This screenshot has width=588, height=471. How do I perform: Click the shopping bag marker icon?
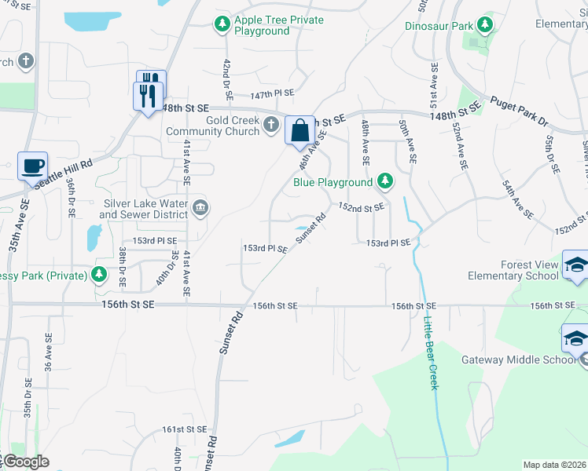300,130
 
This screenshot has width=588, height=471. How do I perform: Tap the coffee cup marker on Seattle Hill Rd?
32,166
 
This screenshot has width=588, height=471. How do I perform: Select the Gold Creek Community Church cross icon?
271,124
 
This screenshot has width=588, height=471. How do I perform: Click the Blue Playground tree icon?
384,182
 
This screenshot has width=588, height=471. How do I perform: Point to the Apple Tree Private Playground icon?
222,24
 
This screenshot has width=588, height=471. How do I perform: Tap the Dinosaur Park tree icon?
484,25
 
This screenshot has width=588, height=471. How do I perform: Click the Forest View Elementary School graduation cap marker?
576,265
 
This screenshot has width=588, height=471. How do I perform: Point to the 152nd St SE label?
361,206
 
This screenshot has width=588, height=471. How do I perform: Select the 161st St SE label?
184,429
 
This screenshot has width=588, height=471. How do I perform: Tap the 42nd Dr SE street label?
227,78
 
